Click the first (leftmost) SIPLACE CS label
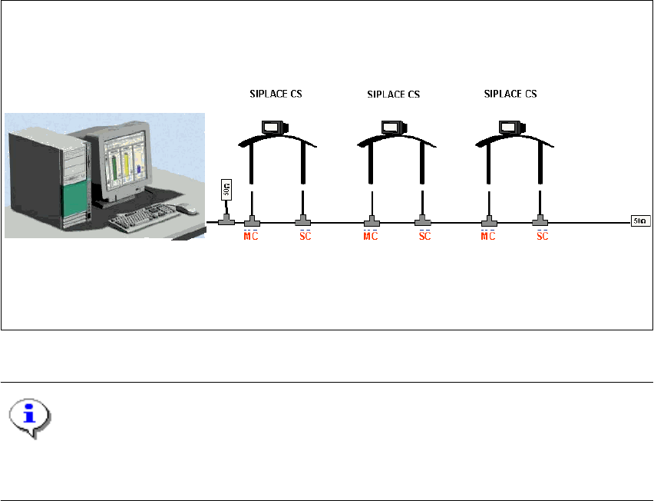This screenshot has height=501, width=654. (x=275, y=95)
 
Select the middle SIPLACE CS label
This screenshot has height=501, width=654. (x=393, y=95)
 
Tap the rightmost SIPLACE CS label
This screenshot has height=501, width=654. (x=510, y=95)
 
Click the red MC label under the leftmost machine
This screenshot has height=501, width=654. (x=251, y=234)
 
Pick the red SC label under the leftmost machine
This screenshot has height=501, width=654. (x=305, y=234)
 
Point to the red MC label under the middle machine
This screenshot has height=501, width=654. (x=371, y=234)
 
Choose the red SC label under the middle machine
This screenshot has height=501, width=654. (x=424, y=234)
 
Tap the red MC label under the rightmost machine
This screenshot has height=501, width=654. (x=488, y=234)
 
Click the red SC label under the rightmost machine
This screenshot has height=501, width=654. (x=542, y=234)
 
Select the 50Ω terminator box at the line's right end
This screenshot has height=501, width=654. (x=639, y=223)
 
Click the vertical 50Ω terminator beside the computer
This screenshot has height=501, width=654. (x=226, y=191)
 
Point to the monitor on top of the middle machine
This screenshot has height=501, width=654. (x=392, y=127)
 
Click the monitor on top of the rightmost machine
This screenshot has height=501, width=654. (x=510, y=127)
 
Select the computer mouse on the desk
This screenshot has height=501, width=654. (x=186, y=208)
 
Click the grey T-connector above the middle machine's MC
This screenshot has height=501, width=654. (x=371, y=223)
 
